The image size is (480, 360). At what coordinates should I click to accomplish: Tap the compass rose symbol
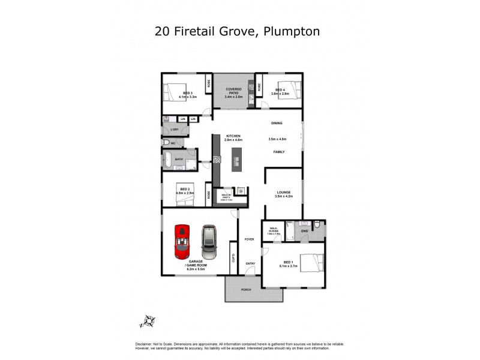tap(148, 322)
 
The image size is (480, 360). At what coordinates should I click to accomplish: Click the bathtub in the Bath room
tap(170, 161)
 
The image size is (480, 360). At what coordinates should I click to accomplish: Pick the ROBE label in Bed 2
tap(209, 194)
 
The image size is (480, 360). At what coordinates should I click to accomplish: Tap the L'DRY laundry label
tap(175, 130)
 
